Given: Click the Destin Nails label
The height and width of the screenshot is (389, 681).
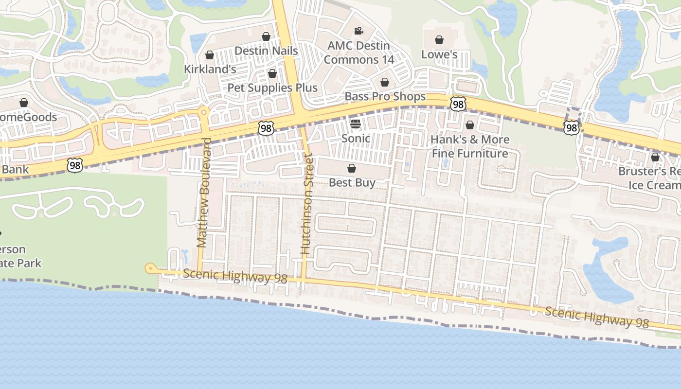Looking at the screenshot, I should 266,51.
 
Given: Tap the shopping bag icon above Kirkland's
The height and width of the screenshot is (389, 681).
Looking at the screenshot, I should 210,55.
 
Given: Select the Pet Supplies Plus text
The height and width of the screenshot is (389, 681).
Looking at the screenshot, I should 272,88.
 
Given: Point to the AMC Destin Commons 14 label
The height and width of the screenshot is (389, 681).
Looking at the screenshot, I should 358,53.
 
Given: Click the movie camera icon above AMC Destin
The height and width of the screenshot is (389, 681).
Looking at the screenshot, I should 358,32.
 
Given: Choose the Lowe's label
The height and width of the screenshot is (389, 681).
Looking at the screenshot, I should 439,54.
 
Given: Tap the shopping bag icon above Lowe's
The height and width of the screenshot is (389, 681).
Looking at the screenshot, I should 439,40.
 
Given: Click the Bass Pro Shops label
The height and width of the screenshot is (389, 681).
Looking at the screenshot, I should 385,97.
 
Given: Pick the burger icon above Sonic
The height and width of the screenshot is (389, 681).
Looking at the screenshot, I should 356,124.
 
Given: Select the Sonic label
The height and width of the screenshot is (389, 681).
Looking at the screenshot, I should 356,139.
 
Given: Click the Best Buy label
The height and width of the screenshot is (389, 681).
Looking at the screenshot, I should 352,183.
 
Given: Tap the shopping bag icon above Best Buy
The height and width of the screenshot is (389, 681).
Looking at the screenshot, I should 352,169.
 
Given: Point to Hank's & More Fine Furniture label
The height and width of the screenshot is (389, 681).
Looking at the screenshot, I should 470,146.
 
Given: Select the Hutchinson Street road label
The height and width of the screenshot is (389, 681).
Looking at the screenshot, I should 306,204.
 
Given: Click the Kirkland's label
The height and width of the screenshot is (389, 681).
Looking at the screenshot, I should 210,70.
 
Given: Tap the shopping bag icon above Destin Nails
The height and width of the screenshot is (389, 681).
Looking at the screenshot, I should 266,36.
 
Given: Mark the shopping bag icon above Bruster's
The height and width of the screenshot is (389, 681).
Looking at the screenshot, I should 655,157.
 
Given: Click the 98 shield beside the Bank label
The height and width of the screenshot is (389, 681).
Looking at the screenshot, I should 75,165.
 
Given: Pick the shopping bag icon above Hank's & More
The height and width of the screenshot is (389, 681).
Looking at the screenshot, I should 470,125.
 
